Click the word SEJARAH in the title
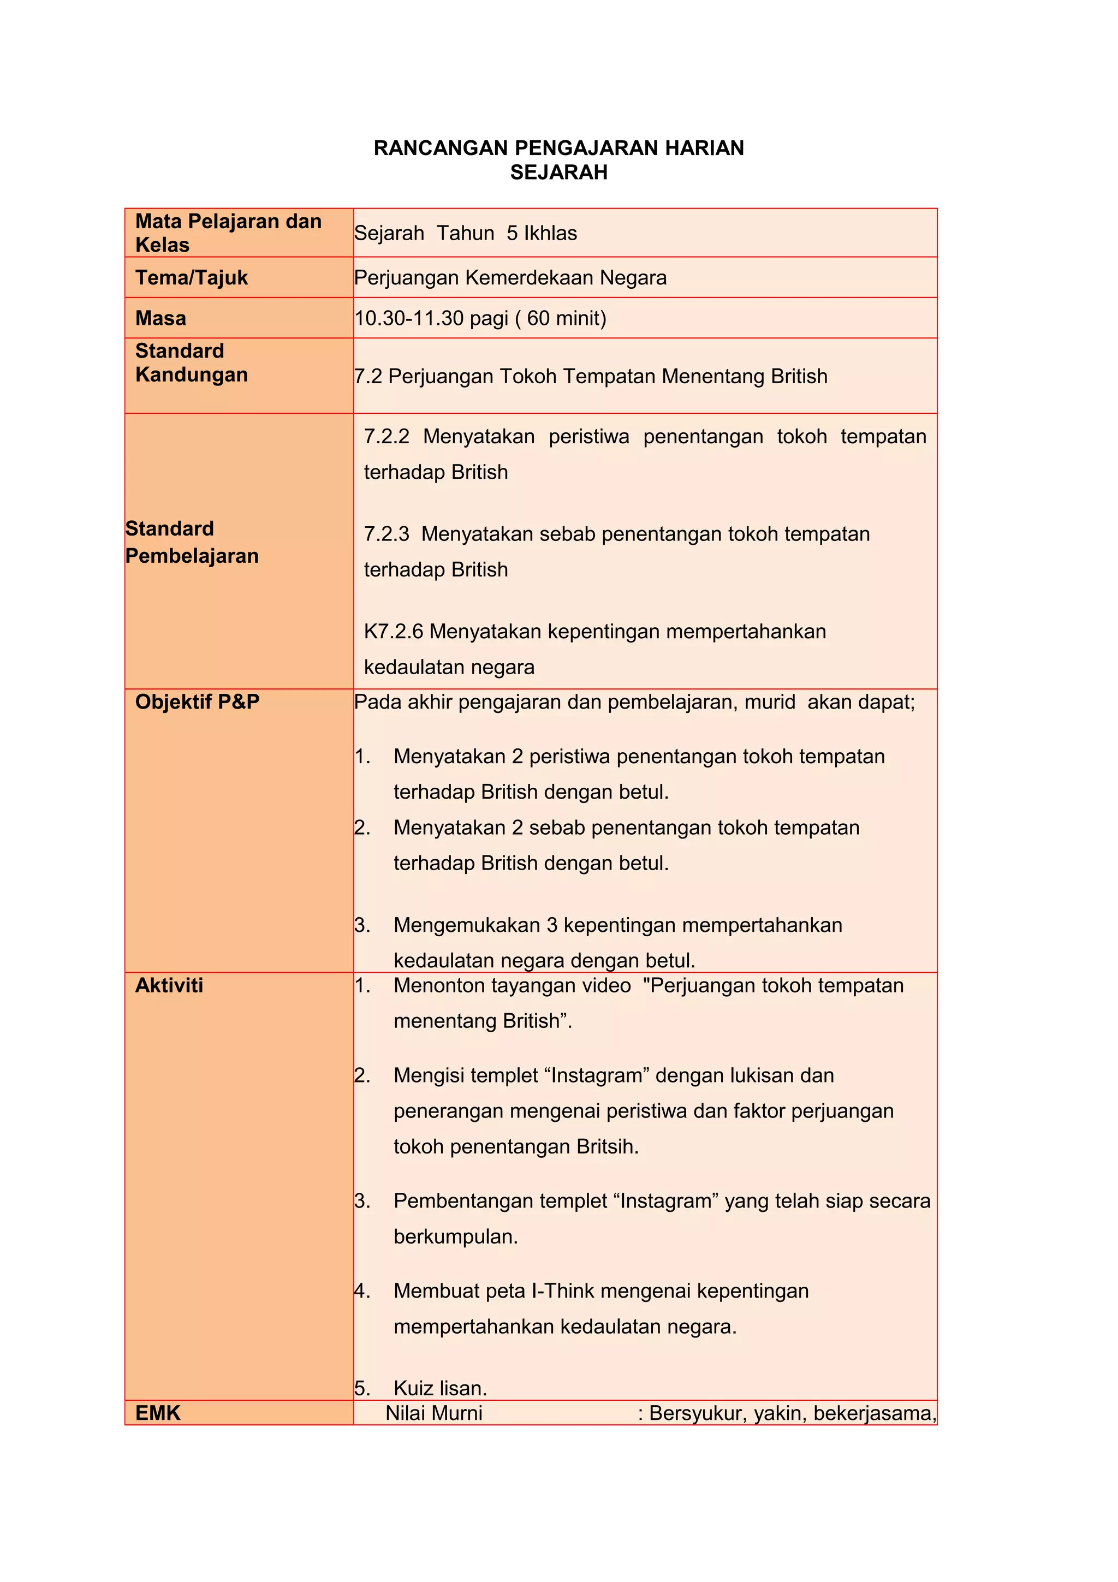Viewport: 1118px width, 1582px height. click(558, 173)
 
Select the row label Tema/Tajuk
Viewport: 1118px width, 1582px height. click(192, 278)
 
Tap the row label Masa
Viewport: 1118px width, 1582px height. click(160, 318)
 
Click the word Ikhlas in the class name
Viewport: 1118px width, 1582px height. click(550, 234)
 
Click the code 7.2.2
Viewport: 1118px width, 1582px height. click(386, 436)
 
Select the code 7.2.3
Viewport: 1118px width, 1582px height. click(386, 534)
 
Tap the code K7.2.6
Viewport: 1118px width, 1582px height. click(394, 631)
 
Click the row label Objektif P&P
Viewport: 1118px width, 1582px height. click(197, 702)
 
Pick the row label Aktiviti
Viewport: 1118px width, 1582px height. click(169, 985)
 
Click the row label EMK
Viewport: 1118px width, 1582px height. click(158, 1413)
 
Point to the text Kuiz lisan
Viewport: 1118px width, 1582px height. click(440, 1388)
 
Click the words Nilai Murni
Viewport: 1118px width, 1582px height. click(434, 1413)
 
